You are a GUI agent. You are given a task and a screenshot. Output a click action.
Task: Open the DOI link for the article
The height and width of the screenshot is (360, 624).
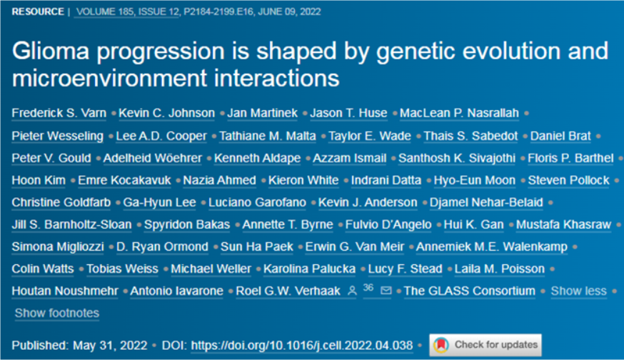pos(302,345)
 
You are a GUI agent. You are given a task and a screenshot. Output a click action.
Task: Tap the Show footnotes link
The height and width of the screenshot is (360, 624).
pos(57,313)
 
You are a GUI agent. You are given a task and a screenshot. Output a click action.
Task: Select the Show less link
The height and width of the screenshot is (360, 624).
pos(578,291)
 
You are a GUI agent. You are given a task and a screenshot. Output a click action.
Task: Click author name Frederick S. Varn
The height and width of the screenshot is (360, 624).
pos(59,113)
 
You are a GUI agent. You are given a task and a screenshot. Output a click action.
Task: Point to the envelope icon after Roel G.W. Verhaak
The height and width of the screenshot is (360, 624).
pos(386,291)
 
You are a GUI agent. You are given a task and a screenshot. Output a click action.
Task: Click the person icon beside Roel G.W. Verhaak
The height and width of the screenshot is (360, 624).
pos(352,291)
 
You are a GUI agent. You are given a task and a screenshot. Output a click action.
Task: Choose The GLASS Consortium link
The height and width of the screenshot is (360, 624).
pos(470,291)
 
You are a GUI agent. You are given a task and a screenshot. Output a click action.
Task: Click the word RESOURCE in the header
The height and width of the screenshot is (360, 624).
pos(38,11)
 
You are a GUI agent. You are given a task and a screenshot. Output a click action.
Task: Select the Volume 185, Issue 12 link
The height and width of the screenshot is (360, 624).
pos(128,11)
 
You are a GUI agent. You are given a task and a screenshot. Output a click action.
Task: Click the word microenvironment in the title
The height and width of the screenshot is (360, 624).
pos(109,78)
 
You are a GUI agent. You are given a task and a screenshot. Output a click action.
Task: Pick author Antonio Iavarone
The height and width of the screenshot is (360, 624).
pos(176,291)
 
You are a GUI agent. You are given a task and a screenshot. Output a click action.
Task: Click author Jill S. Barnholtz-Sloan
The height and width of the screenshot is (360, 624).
pos(71,224)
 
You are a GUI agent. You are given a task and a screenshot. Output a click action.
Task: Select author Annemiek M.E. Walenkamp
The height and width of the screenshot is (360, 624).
pos(492,246)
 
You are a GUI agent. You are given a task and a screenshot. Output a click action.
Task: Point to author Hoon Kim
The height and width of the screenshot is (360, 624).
pos(39,180)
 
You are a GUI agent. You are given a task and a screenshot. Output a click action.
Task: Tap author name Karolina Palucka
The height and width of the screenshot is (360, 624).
pos(309,269)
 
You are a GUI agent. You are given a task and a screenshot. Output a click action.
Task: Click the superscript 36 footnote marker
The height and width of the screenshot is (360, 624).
pos(368,288)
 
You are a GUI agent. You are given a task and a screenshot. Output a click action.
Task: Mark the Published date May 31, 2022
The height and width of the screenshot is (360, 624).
pos(110,345)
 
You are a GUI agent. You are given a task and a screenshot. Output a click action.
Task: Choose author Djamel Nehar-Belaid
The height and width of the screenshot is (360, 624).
pos(486,202)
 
